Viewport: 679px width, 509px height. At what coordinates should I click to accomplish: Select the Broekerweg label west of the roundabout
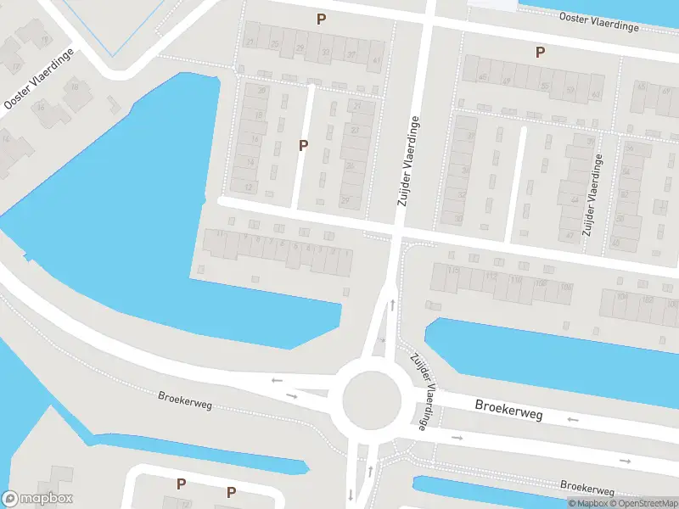pyautogui.click(x=185, y=400)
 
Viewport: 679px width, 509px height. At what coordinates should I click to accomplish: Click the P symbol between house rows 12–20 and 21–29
pyautogui.click(x=303, y=145)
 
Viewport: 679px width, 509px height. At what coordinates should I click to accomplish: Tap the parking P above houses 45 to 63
pyautogui.click(x=540, y=52)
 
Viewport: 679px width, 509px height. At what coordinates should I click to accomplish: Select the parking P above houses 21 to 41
pyautogui.click(x=321, y=19)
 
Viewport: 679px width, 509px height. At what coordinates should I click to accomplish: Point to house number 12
pyautogui.click(x=248, y=187)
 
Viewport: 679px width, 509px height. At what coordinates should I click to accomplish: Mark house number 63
pyautogui.click(x=596, y=94)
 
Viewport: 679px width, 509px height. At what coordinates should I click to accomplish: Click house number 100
pyautogui.click(x=565, y=287)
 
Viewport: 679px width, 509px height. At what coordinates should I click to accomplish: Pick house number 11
pyautogui.click(x=220, y=233)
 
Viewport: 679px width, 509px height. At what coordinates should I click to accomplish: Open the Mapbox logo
pyautogui.click(x=37, y=499)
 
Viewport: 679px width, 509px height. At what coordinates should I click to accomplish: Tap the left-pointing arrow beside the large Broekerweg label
pyautogui.click(x=572, y=419)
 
